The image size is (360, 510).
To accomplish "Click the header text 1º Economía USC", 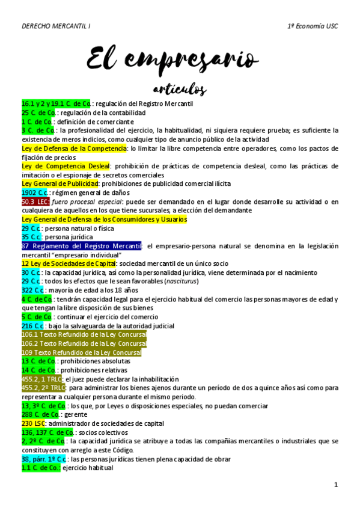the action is coord(313,27).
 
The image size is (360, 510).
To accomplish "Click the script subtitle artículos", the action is coord(180,90).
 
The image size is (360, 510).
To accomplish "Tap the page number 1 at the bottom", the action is coord(337,485).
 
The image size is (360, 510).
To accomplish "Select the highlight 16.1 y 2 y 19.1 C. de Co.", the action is coord(56,104).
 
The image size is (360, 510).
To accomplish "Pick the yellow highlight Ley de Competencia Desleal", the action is coord(66,166).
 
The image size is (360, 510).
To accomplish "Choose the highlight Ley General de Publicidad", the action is coord(60,183).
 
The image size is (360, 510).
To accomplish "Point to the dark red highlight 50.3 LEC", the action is coord(35,201).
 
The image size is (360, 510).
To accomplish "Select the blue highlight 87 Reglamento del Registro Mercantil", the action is coord(81,246).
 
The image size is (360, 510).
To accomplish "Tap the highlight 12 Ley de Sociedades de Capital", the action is coord(69,263).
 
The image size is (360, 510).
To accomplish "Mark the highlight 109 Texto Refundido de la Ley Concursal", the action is coord(81,352).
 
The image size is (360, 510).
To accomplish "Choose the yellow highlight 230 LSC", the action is coord(34,423).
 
